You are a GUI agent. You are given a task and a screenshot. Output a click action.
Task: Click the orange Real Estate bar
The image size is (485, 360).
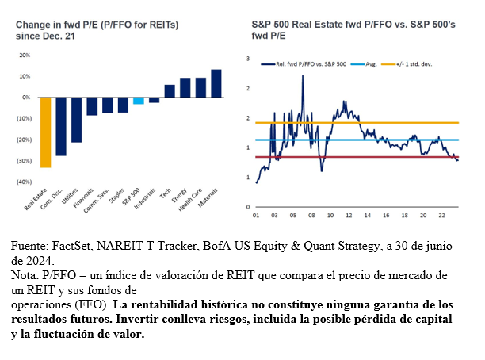pos(45,132)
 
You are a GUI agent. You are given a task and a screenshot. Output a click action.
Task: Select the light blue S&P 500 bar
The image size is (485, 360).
pos(139,101)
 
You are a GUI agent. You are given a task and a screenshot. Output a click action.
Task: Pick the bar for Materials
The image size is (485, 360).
pos(216,83)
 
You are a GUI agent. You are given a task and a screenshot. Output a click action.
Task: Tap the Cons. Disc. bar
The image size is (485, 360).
pos(61,126)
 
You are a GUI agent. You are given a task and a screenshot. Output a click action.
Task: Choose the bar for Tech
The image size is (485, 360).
pos(170,91)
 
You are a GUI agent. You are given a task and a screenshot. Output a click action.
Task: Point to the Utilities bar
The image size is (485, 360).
pos(76,120)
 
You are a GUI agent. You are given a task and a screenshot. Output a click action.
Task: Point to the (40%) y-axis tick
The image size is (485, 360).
pos(24,182)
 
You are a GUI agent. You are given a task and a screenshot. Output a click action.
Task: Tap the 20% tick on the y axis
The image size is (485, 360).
pos(25,56)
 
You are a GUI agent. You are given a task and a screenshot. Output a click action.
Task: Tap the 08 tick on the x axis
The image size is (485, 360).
pos(311,214)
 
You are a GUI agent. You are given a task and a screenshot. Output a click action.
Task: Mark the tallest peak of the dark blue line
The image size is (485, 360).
pos(303,76)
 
